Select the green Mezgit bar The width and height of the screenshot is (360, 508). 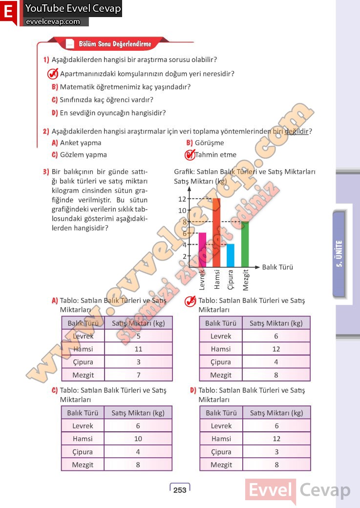245,244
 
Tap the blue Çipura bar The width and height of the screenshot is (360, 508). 231,255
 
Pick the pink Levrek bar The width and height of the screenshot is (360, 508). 202,250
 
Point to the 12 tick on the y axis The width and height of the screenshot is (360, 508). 182,199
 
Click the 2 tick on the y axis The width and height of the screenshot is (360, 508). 185,256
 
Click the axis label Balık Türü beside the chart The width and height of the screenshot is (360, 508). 277,267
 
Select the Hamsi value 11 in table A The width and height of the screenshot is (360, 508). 138,349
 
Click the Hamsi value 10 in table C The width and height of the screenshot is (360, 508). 138,439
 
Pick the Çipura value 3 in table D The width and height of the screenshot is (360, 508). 276,452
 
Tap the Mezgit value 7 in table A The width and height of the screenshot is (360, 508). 138,375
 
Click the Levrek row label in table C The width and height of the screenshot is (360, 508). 83,425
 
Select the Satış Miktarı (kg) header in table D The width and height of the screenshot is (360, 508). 276,413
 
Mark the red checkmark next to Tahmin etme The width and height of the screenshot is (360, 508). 189,155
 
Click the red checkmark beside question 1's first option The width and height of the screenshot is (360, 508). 53,74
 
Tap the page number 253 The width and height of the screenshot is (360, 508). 180,490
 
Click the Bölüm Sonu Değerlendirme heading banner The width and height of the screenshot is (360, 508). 115,44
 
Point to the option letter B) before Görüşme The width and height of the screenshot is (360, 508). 190,143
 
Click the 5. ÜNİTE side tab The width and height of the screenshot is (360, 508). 340,254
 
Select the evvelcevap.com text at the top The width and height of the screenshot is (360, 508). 53,21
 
